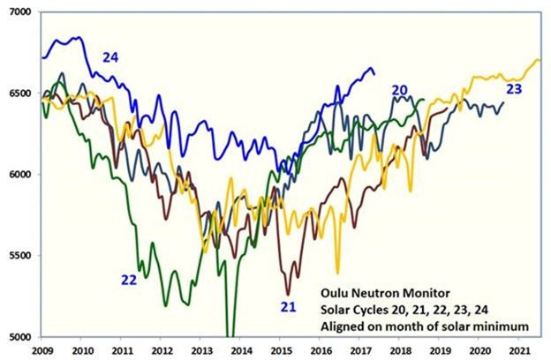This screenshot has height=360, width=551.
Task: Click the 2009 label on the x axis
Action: (42, 351)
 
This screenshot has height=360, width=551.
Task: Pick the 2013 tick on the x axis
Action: (200, 351)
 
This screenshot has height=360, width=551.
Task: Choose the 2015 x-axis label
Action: (280, 351)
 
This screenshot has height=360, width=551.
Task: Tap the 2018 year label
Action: (399, 351)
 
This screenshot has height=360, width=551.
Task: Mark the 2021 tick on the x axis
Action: (518, 351)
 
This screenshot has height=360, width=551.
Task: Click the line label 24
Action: (110, 57)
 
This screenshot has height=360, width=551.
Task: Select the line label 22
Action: (129, 281)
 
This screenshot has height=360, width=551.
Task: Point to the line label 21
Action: (288, 307)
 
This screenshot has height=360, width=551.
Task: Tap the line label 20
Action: (399, 91)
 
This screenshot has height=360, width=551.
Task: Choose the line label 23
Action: (514, 90)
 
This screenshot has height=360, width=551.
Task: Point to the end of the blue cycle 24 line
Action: (374, 74)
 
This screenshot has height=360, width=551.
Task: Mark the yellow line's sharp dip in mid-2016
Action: (337, 274)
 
